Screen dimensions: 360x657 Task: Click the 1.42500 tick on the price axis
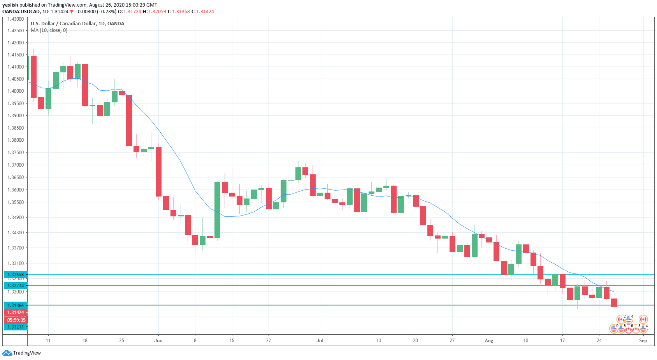(16, 30)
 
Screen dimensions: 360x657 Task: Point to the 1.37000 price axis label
(16, 165)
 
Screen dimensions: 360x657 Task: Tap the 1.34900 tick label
(16, 217)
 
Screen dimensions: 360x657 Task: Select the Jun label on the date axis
(158, 341)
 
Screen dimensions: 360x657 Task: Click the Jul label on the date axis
(320, 341)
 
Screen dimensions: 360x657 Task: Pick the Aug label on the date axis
(489, 341)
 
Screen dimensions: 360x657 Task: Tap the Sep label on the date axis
(643, 341)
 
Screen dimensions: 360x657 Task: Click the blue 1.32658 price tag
(16, 274)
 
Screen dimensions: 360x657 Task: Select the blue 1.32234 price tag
(16, 285)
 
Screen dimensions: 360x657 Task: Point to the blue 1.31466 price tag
(16, 306)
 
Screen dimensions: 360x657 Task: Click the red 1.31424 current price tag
(16, 313)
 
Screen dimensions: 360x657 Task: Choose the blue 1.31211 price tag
(16, 327)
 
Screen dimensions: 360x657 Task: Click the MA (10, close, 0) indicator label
(49, 30)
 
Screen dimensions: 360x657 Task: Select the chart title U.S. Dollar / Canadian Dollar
(77, 23)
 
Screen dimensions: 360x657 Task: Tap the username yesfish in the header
(10, 5)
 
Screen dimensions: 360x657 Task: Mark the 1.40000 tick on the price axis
(16, 91)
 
